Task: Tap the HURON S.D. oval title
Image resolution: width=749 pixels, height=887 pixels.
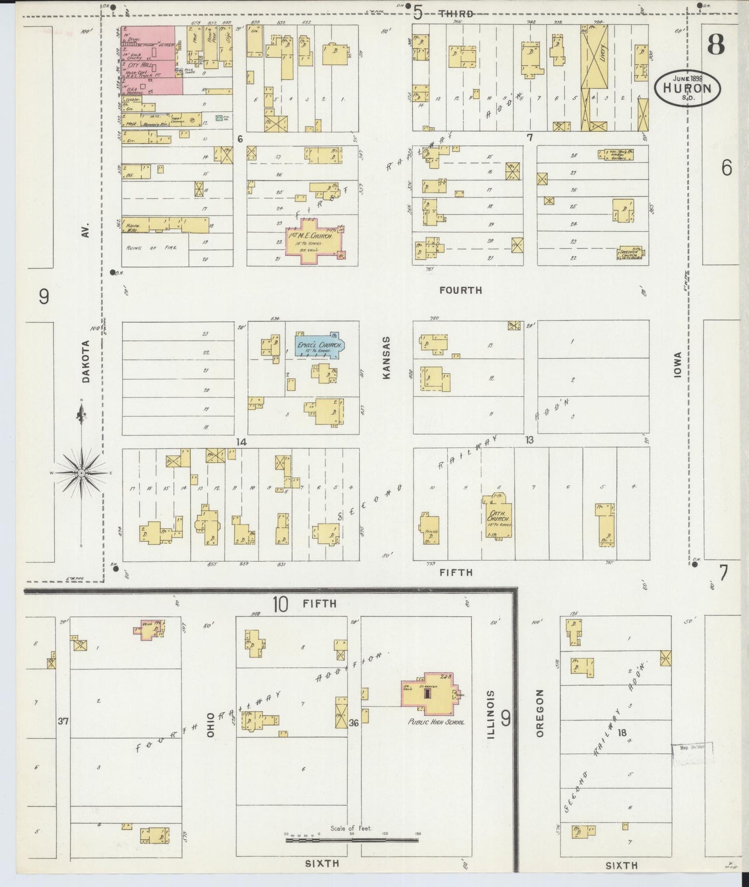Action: (x=687, y=88)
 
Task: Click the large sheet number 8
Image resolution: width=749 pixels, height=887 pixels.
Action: (x=715, y=45)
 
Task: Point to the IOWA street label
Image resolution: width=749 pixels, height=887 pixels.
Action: (x=677, y=365)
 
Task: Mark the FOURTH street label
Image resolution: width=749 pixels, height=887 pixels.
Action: (x=460, y=290)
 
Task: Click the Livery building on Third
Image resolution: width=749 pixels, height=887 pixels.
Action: (x=594, y=57)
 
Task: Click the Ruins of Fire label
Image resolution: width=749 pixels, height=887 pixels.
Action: (x=151, y=248)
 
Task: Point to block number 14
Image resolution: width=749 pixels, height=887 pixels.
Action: (x=241, y=442)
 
